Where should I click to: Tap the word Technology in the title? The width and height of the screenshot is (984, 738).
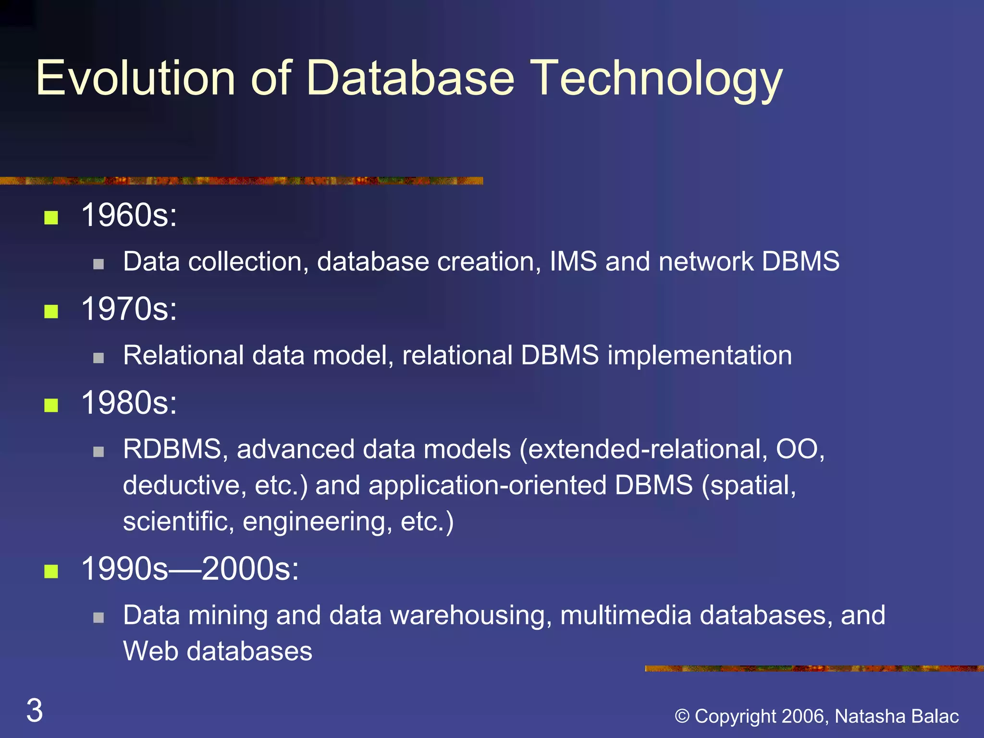click(658, 78)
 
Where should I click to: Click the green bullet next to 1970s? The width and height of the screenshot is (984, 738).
click(51, 312)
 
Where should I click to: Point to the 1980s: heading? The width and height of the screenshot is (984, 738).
click(129, 403)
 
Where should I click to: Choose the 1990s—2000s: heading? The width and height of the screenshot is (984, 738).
click(190, 569)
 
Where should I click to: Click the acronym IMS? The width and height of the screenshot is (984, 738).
click(573, 262)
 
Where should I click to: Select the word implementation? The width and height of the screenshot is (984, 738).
click(700, 356)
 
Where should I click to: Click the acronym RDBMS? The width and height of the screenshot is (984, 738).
click(172, 449)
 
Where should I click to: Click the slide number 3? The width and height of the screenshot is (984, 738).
click(35, 710)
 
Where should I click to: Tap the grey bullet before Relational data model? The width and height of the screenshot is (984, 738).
click(98, 357)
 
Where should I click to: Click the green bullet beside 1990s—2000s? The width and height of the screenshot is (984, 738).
click(51, 571)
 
